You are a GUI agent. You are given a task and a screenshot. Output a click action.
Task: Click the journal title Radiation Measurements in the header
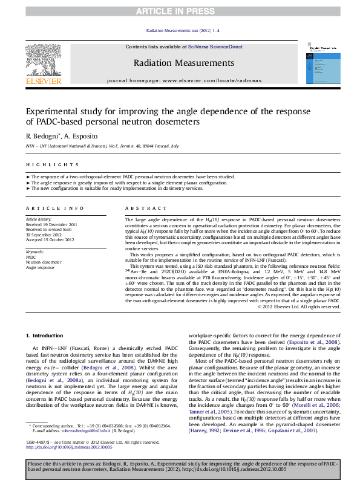pos(183,63)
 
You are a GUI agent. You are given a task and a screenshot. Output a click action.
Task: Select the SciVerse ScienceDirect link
pos(215,47)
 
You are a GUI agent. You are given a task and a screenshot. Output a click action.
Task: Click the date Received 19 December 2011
pos(51,224)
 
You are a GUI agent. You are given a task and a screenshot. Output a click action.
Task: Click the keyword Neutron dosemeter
pos(43,262)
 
